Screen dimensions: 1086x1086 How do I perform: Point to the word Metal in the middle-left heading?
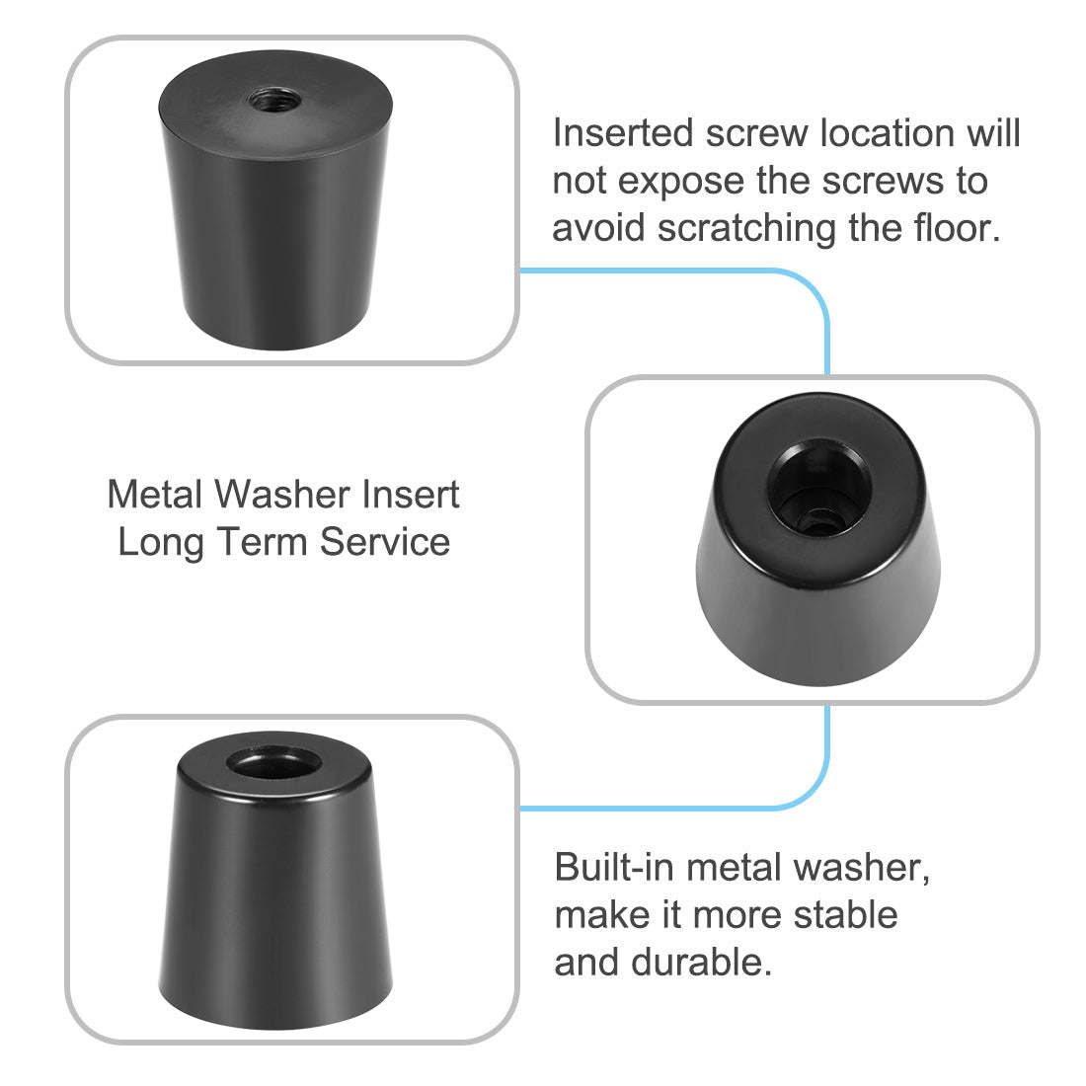(156, 494)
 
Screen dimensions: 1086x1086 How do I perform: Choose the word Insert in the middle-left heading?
(410, 494)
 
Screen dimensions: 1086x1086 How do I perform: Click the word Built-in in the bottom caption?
(613, 868)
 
